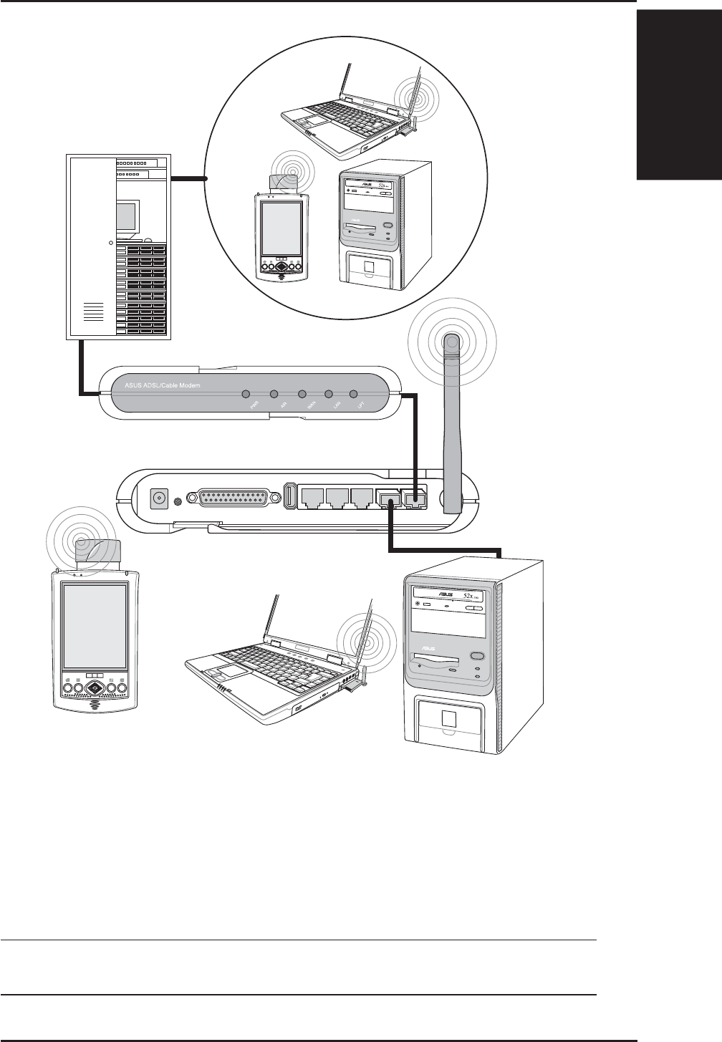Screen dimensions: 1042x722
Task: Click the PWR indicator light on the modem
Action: coord(246,395)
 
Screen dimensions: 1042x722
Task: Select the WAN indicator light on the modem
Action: coord(302,395)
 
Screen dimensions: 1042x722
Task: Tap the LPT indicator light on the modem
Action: coord(353,395)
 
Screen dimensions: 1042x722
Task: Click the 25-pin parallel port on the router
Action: coord(230,497)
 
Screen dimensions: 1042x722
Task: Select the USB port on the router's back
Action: coord(290,496)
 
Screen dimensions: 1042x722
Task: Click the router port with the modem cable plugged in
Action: coord(415,498)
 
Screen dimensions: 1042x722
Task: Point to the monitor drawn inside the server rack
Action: coord(126,216)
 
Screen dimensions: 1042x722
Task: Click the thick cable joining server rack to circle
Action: coord(188,178)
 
